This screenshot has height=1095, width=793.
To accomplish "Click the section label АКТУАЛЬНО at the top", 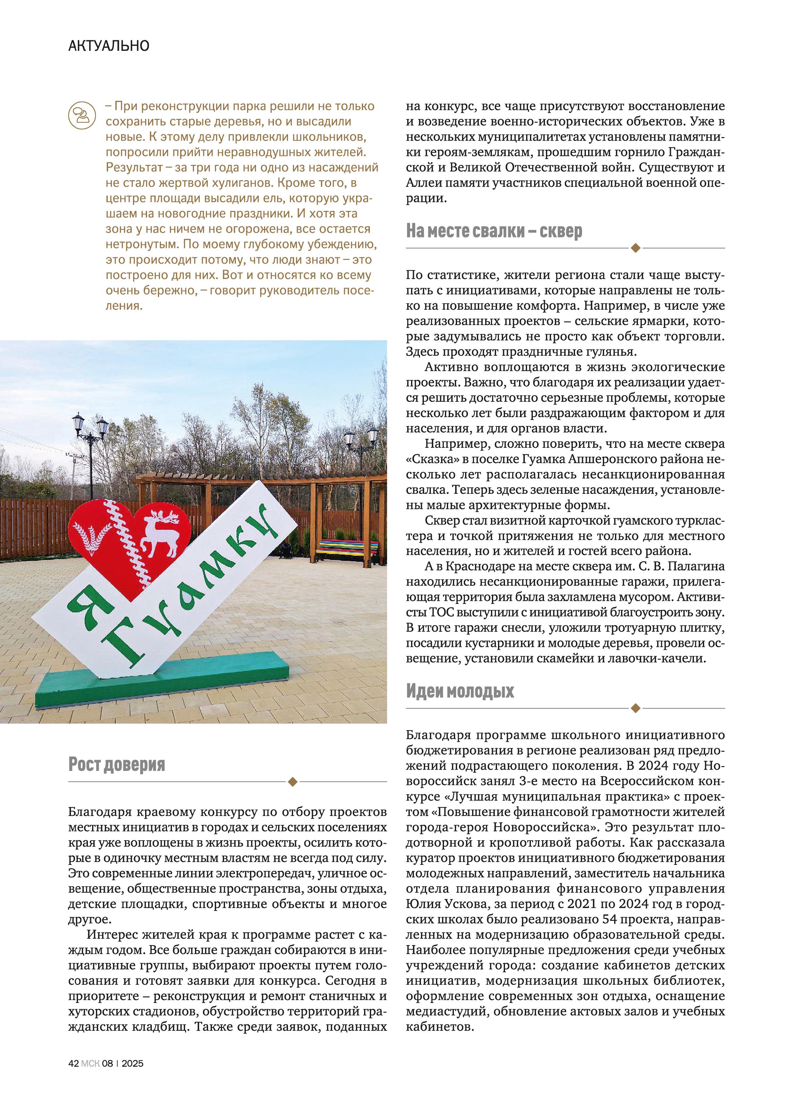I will coord(109,46).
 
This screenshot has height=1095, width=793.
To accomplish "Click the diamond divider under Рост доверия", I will coord(292,781).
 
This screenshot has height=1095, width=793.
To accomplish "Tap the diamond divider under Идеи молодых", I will coord(635,708).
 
